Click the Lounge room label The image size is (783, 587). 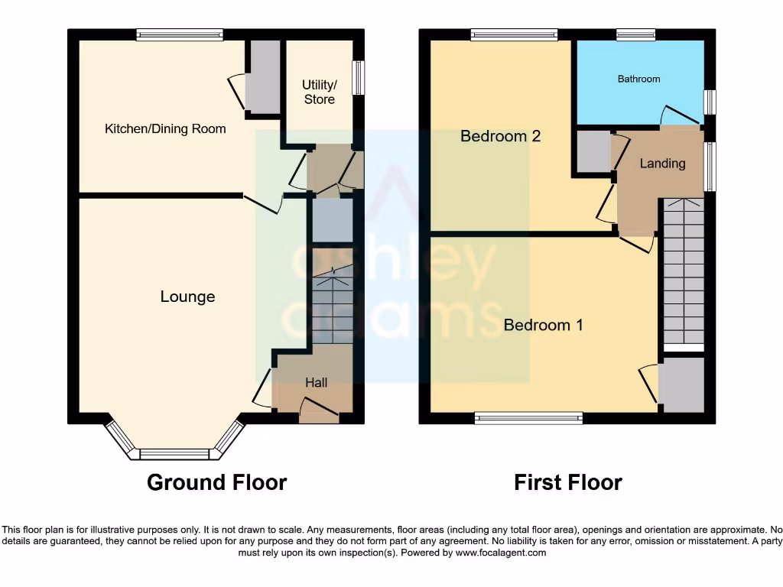tap(187, 297)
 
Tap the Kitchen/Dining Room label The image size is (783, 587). tap(165, 128)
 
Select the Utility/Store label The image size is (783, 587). tap(319, 92)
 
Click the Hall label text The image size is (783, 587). tap(317, 382)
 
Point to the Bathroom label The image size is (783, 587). tap(638, 79)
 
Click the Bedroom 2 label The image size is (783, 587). tap(500, 136)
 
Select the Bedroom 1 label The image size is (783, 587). tap(543, 325)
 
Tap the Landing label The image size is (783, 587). tap(662, 163)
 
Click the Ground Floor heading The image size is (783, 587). tap(216, 482)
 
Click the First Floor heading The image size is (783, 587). tap(567, 482)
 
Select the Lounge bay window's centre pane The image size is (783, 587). tap(174, 454)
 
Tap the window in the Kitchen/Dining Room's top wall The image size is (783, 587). tap(180, 34)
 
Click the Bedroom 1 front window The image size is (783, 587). tap(528, 417)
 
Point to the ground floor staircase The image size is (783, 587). tap(332, 306)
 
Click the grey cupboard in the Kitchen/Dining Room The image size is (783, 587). tap(262, 76)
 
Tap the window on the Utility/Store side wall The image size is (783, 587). tap(359, 79)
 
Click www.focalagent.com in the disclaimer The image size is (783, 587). tap(500, 553)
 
